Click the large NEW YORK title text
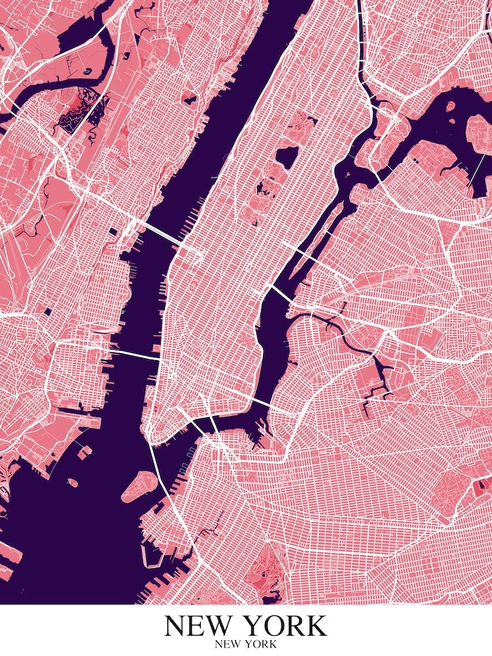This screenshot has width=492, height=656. tap(245, 625)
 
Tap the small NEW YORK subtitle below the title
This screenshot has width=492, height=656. tap(245, 644)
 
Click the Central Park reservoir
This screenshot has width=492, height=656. tap(287, 155)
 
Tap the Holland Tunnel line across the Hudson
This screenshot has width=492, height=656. tap(134, 355)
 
